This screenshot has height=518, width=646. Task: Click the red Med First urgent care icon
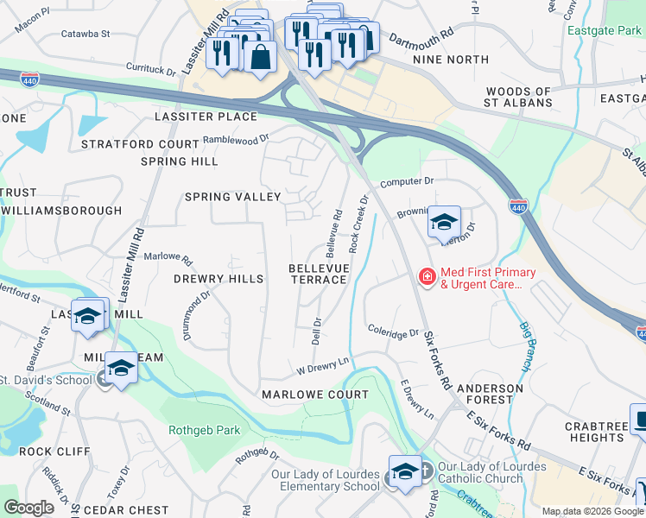[x=427, y=277]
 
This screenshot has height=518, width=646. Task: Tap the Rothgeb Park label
[x=219, y=429]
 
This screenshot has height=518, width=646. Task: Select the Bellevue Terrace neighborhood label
[x=319, y=275]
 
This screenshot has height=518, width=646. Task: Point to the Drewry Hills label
[x=218, y=279]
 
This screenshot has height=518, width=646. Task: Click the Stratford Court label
[x=141, y=144]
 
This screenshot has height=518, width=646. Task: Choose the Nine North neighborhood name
[x=451, y=60]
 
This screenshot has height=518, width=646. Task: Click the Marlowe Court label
[x=315, y=395]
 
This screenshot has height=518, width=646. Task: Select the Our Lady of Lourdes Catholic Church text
[x=491, y=472]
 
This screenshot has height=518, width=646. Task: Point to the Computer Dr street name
[x=406, y=182]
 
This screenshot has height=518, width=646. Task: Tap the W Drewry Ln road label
[x=322, y=368]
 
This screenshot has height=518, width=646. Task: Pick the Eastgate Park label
[x=605, y=30]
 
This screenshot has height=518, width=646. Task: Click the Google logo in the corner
[x=28, y=507]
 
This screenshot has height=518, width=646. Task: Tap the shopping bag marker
[x=259, y=57]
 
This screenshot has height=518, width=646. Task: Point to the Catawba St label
[x=85, y=35]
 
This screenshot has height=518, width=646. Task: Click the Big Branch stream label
[x=524, y=345]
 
